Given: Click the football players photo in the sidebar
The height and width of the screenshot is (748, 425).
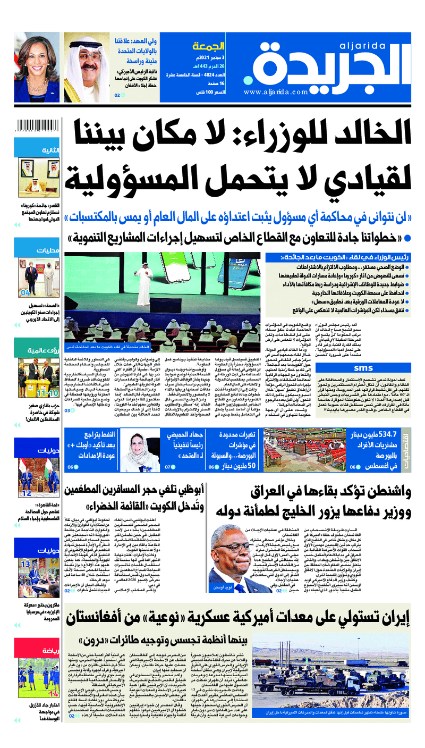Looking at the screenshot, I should tap(37, 677).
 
